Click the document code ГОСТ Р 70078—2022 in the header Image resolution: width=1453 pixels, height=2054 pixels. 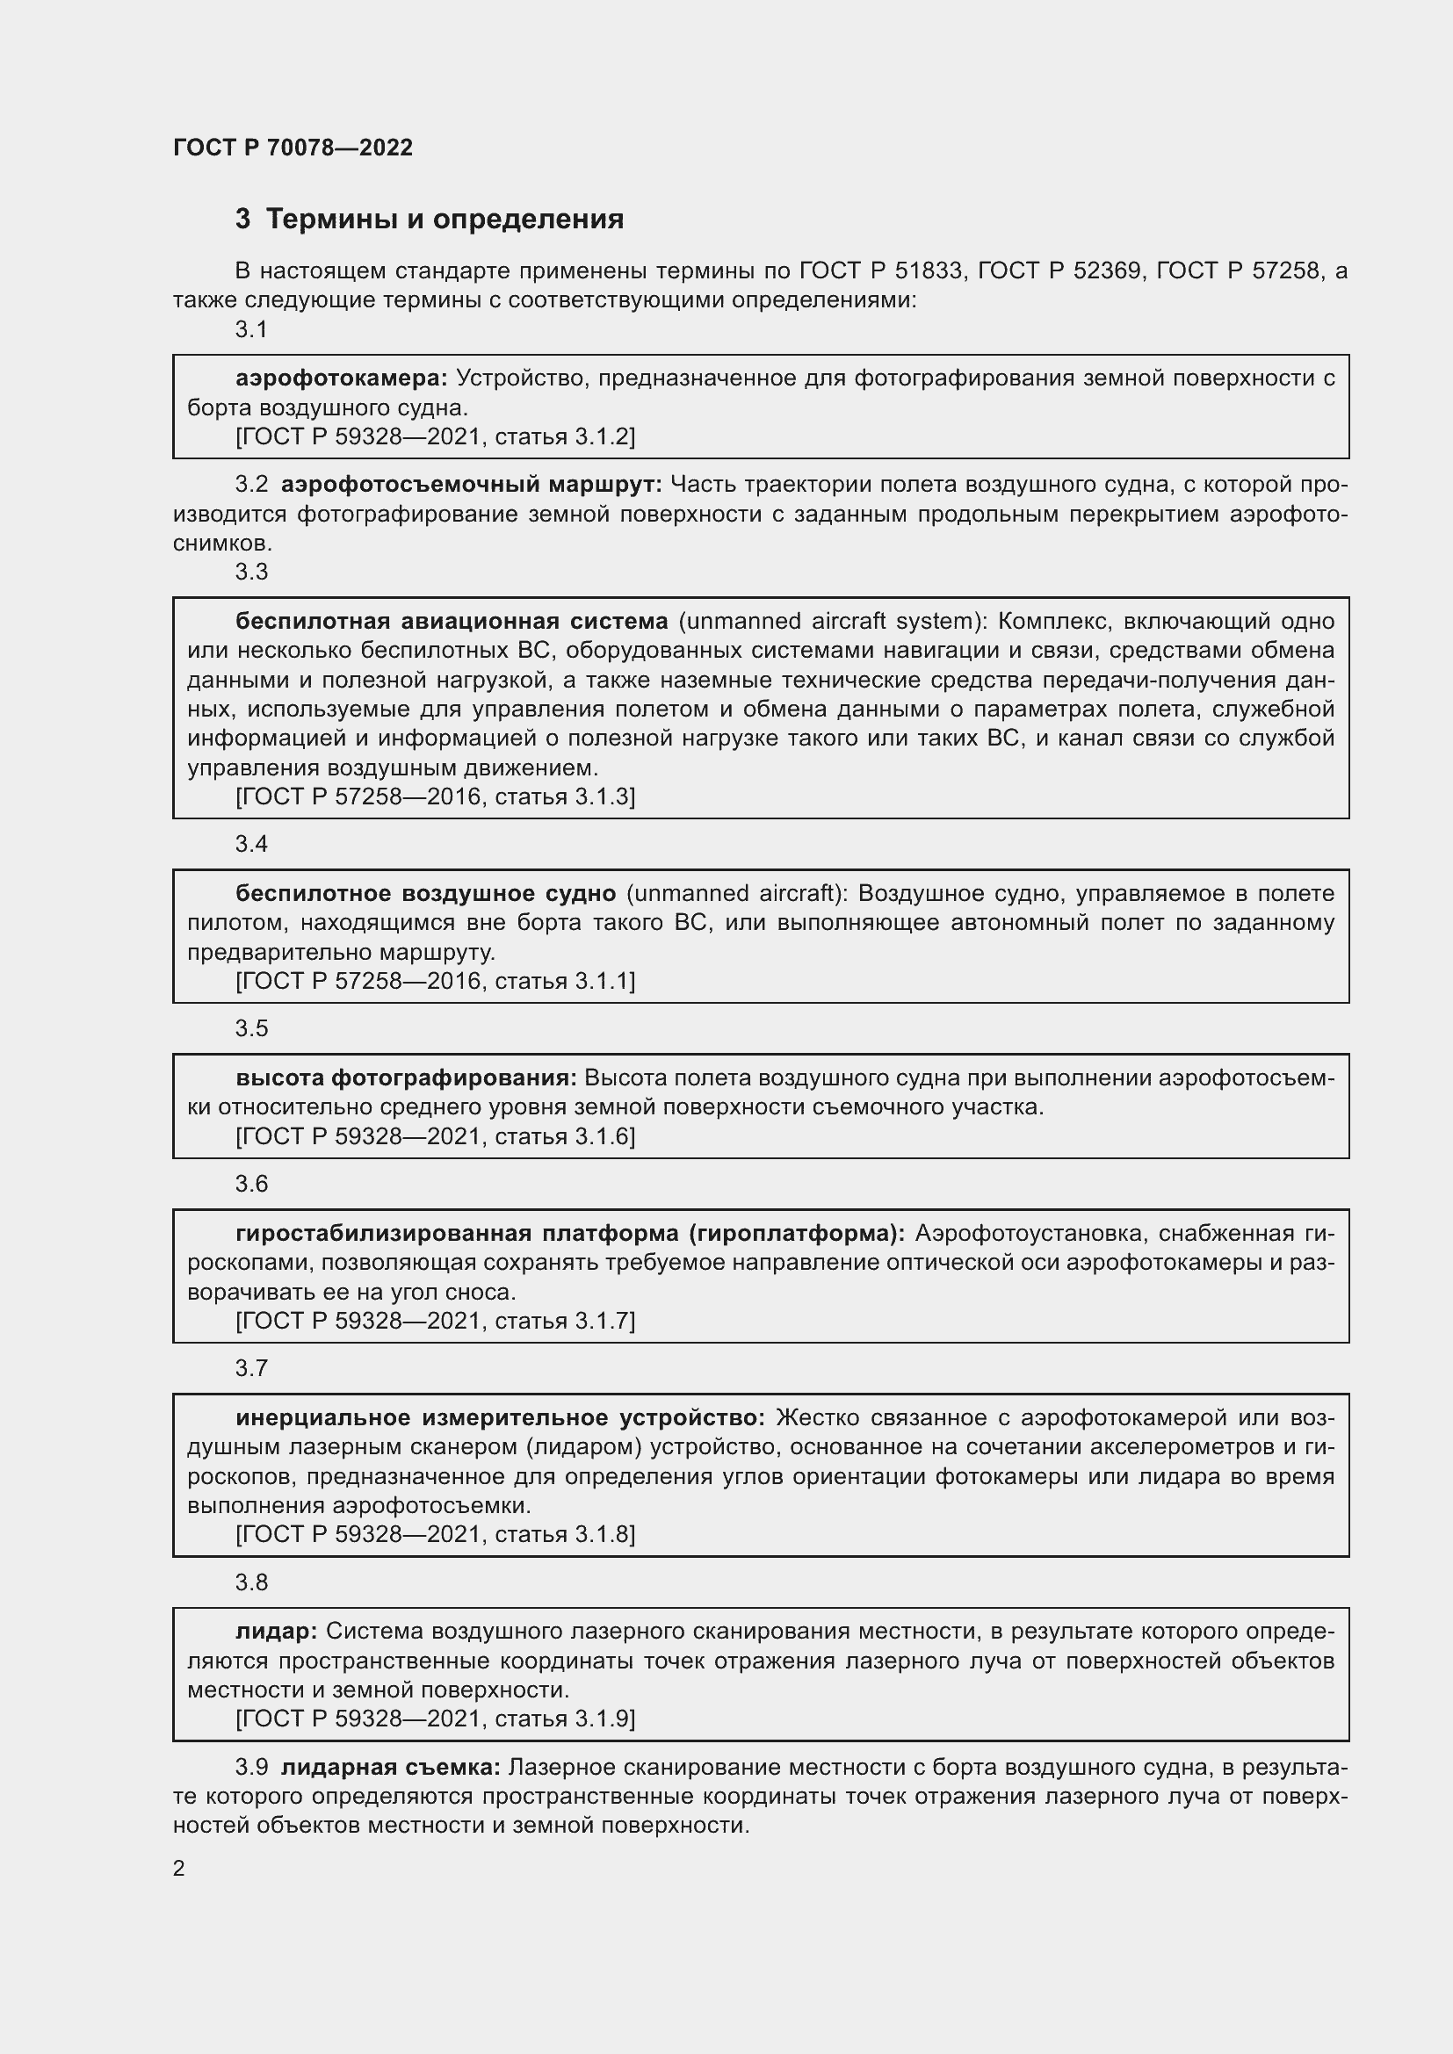tap(293, 148)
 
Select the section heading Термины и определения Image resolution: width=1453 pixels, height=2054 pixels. tap(445, 220)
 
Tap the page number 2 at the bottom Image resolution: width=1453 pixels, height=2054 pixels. tap(179, 1868)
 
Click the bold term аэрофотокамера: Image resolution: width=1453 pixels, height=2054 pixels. tap(341, 378)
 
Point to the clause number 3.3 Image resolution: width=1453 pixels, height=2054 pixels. tap(251, 572)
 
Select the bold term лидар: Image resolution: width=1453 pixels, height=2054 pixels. tap(276, 1632)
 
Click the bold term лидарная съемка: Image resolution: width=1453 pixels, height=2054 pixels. tap(391, 1768)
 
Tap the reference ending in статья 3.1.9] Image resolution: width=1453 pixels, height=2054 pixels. tap(435, 1719)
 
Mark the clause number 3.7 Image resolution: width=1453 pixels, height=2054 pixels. tap(251, 1368)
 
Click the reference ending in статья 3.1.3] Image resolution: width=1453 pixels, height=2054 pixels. tap(435, 797)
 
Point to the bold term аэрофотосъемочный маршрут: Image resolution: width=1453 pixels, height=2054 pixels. tap(471, 485)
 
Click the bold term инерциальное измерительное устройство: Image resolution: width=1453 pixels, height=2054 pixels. tap(500, 1418)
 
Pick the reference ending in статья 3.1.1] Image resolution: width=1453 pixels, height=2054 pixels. tap(435, 982)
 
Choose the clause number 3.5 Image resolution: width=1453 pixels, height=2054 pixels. tap(251, 1028)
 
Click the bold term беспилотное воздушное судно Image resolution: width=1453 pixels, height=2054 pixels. tap(425, 894)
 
